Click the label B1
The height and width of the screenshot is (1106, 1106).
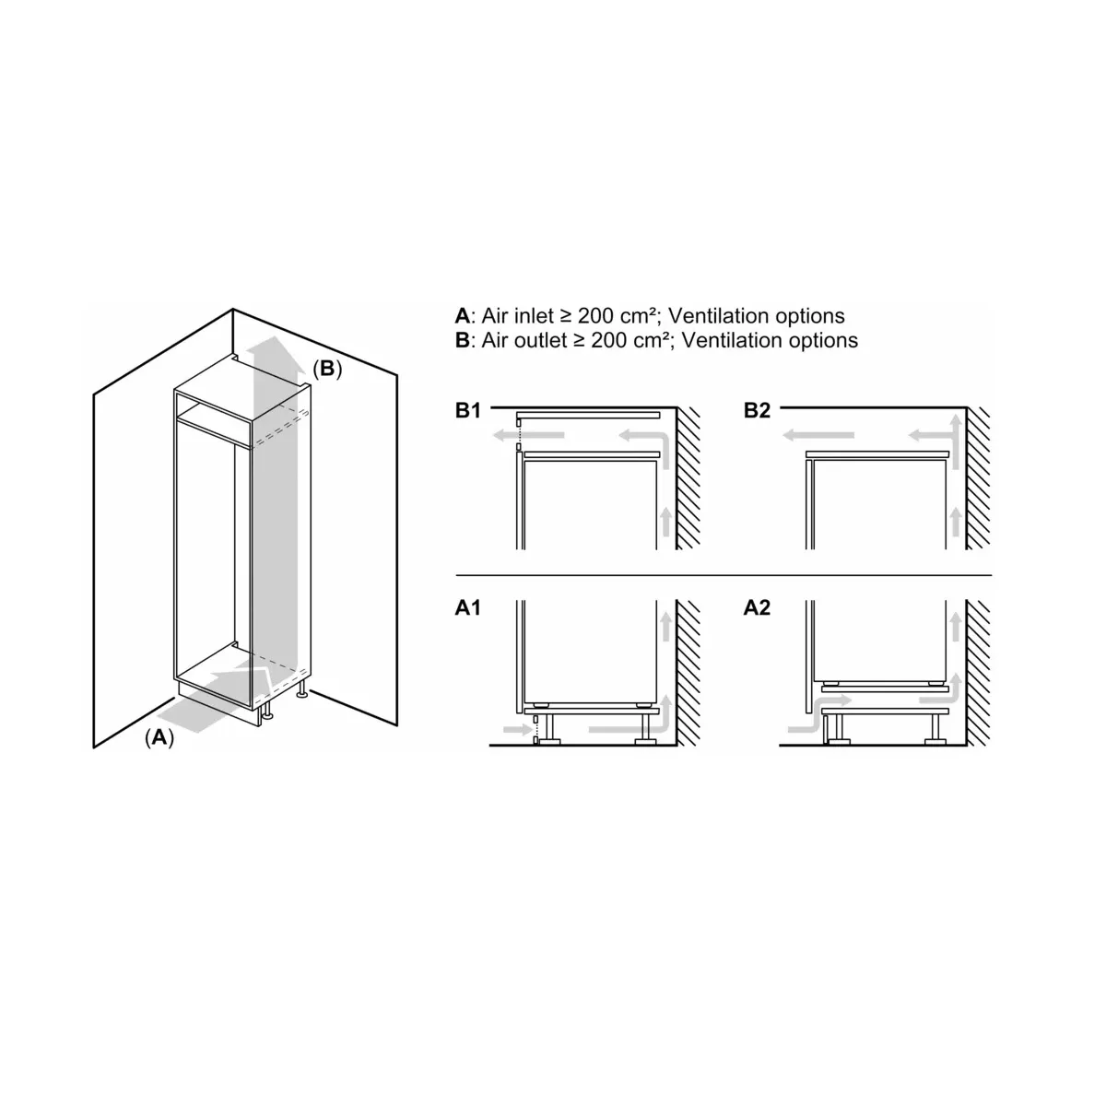tap(468, 410)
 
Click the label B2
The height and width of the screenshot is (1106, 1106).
tap(757, 410)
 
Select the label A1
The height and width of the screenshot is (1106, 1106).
tap(468, 607)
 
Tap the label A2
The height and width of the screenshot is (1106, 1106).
tap(757, 607)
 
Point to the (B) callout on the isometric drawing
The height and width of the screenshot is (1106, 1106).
tap(327, 369)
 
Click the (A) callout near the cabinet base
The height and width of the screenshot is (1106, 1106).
tap(159, 737)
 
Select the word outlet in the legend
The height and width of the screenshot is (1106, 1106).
tap(540, 340)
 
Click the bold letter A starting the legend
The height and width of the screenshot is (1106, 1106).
tap(463, 316)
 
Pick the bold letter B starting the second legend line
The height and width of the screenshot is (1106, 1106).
tap(462, 340)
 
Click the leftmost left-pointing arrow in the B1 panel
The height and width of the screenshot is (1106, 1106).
tap(529, 436)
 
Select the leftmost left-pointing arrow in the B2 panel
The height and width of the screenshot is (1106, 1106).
tap(818, 436)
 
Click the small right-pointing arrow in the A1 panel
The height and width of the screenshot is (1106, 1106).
tap(517, 729)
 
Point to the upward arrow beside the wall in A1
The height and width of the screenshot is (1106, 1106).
tap(665, 626)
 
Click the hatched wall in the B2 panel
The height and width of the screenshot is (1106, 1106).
tap(978, 478)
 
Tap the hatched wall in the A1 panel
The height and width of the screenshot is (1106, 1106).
tap(688, 673)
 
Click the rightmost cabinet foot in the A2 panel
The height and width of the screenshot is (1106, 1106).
tap(935, 729)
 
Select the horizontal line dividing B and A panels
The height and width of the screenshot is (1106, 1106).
tap(724, 574)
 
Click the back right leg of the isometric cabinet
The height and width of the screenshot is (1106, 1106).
tap(301, 688)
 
